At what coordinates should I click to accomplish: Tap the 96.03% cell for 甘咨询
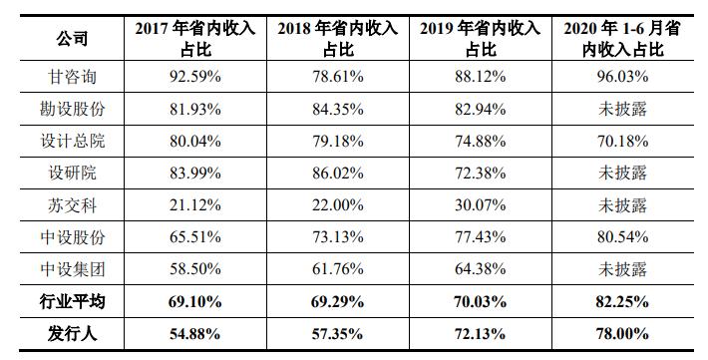point(625,78)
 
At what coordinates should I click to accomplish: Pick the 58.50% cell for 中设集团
point(189,269)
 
